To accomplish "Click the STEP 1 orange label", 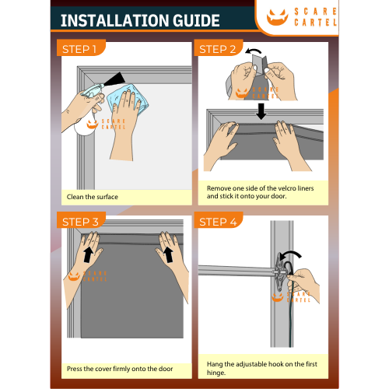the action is click(x=81, y=47).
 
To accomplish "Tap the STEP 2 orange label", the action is click(x=219, y=47).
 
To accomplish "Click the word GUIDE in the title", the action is click(x=196, y=21).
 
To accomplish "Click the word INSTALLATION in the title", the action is click(x=115, y=21).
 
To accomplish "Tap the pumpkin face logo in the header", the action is click(x=278, y=17).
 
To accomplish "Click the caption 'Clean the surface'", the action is click(x=93, y=197).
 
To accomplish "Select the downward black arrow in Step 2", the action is click(x=261, y=111).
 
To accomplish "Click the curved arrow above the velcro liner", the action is click(x=254, y=51).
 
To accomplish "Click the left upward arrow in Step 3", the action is click(x=88, y=254).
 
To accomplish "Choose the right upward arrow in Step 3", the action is click(x=169, y=254).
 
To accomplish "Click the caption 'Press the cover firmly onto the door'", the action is click(x=120, y=369).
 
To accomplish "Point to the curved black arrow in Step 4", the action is click(x=291, y=254).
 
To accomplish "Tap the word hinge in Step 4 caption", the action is click(x=216, y=373).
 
